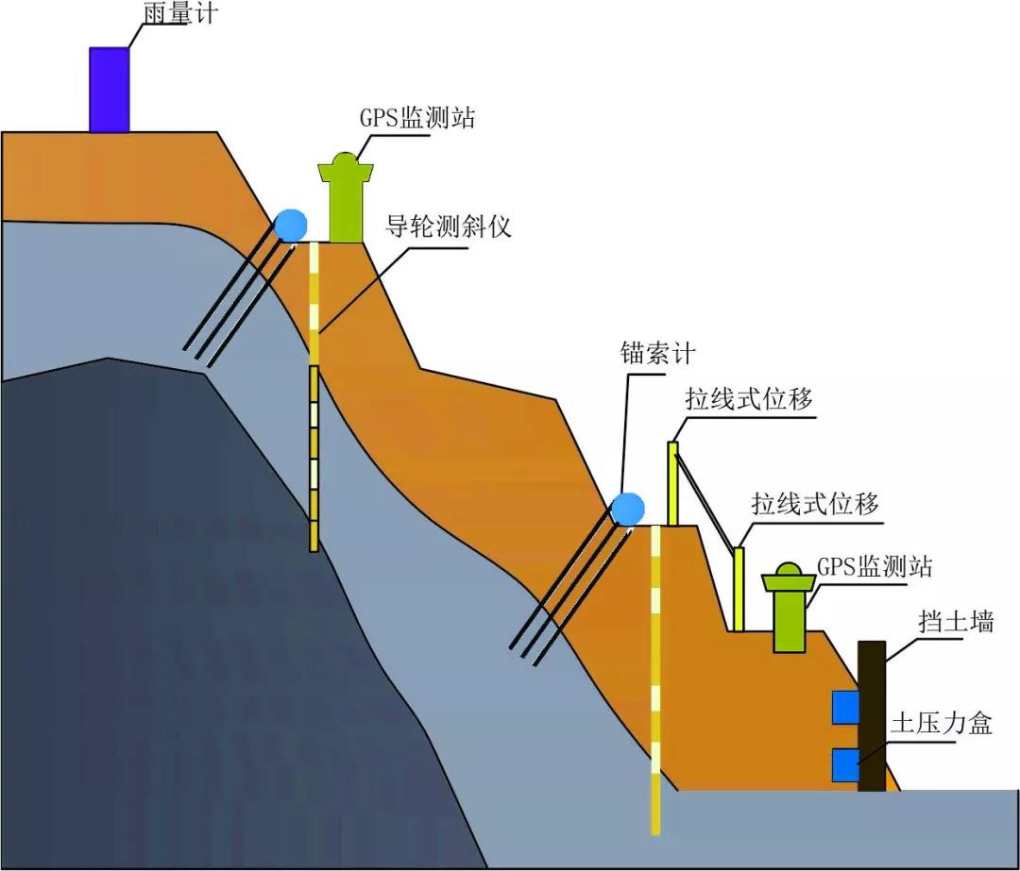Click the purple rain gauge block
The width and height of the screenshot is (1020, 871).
click(109, 90)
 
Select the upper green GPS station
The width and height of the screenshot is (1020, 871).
click(347, 203)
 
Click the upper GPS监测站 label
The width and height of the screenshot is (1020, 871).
click(416, 119)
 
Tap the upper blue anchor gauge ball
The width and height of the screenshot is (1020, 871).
click(291, 225)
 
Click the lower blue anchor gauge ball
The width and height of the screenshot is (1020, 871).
click(627, 509)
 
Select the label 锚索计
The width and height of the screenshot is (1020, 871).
click(657, 353)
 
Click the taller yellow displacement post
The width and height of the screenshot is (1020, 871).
click(673, 483)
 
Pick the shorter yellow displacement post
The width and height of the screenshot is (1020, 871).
click(739, 589)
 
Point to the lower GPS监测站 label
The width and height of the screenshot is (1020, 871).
click(875, 566)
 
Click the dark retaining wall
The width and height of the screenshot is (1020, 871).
click(872, 715)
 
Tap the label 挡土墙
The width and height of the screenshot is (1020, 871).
click(956, 621)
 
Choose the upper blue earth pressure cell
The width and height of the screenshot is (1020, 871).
click(844, 707)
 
